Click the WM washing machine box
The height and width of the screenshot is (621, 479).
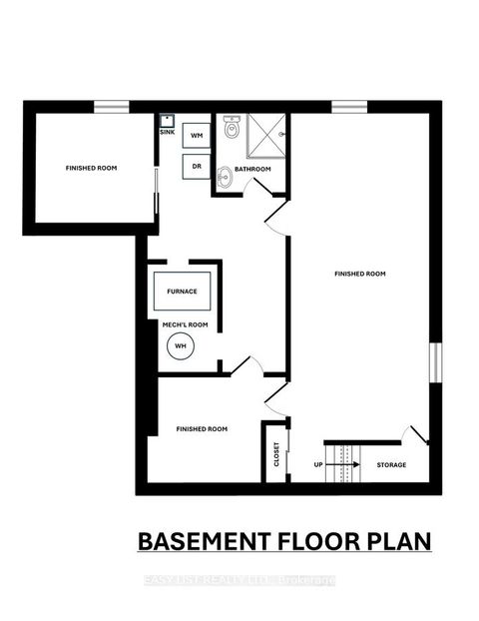pyautogui.click(x=197, y=134)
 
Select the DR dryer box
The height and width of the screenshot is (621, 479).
pyautogui.click(x=197, y=166)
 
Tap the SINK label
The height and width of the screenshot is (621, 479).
pyautogui.click(x=167, y=131)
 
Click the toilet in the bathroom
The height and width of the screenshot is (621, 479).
pyautogui.click(x=233, y=129)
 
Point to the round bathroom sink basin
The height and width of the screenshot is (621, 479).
pyautogui.click(x=226, y=178)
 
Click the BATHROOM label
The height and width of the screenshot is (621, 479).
pyautogui.click(x=253, y=169)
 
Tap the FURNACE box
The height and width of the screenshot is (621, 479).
pyautogui.click(x=182, y=291)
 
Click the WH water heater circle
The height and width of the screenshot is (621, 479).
pyautogui.click(x=181, y=346)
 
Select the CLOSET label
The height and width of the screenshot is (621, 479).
pyautogui.click(x=275, y=455)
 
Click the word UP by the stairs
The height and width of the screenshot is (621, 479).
pyautogui.click(x=318, y=465)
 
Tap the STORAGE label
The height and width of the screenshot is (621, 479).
pyautogui.click(x=390, y=465)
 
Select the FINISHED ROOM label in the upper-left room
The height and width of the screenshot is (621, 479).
pyautogui.click(x=92, y=168)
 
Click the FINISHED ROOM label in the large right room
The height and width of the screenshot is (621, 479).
pyautogui.click(x=360, y=273)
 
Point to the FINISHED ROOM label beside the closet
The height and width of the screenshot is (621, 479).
pyautogui.click(x=202, y=428)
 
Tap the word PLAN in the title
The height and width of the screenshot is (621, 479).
pyautogui.click(x=397, y=541)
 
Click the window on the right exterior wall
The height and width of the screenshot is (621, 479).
pyautogui.click(x=434, y=361)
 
